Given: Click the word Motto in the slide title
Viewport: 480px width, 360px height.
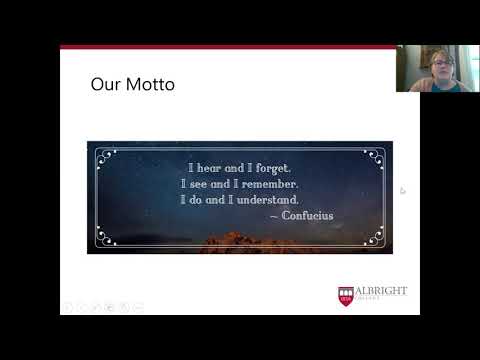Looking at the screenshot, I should pyautogui.click(x=151, y=85).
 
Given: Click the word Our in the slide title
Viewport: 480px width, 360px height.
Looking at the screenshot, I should pyautogui.click(x=105, y=85).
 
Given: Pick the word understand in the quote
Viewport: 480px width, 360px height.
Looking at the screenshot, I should pyautogui.click(x=268, y=200).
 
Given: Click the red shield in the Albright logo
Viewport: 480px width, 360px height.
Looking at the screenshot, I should pyautogui.click(x=346, y=296).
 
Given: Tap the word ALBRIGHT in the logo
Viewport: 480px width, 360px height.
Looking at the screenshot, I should pyautogui.click(x=381, y=292).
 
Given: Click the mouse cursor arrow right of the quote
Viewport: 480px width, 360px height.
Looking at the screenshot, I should pyautogui.click(x=403, y=190).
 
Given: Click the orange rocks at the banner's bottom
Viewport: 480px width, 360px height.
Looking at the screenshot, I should pyautogui.click(x=240, y=243).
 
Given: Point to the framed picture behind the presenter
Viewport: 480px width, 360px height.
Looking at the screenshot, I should pyautogui.click(x=427, y=55).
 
